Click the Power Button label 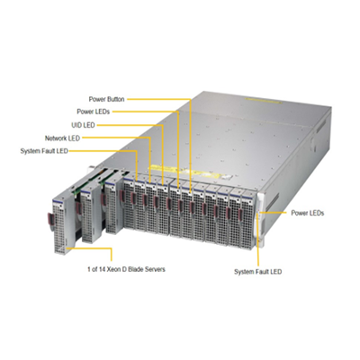point(106,99)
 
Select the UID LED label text point(83,125)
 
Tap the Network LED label point(62,139)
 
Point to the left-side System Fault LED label point(44,151)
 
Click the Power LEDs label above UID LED point(94,112)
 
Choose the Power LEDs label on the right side point(308,213)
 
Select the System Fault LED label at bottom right point(258,272)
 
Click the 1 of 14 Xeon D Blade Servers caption point(126,269)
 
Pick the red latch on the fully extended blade point(50,219)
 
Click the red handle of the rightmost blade point(240,215)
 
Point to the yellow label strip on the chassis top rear point(264,101)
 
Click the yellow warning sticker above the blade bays point(192,172)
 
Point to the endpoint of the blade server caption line point(67,248)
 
